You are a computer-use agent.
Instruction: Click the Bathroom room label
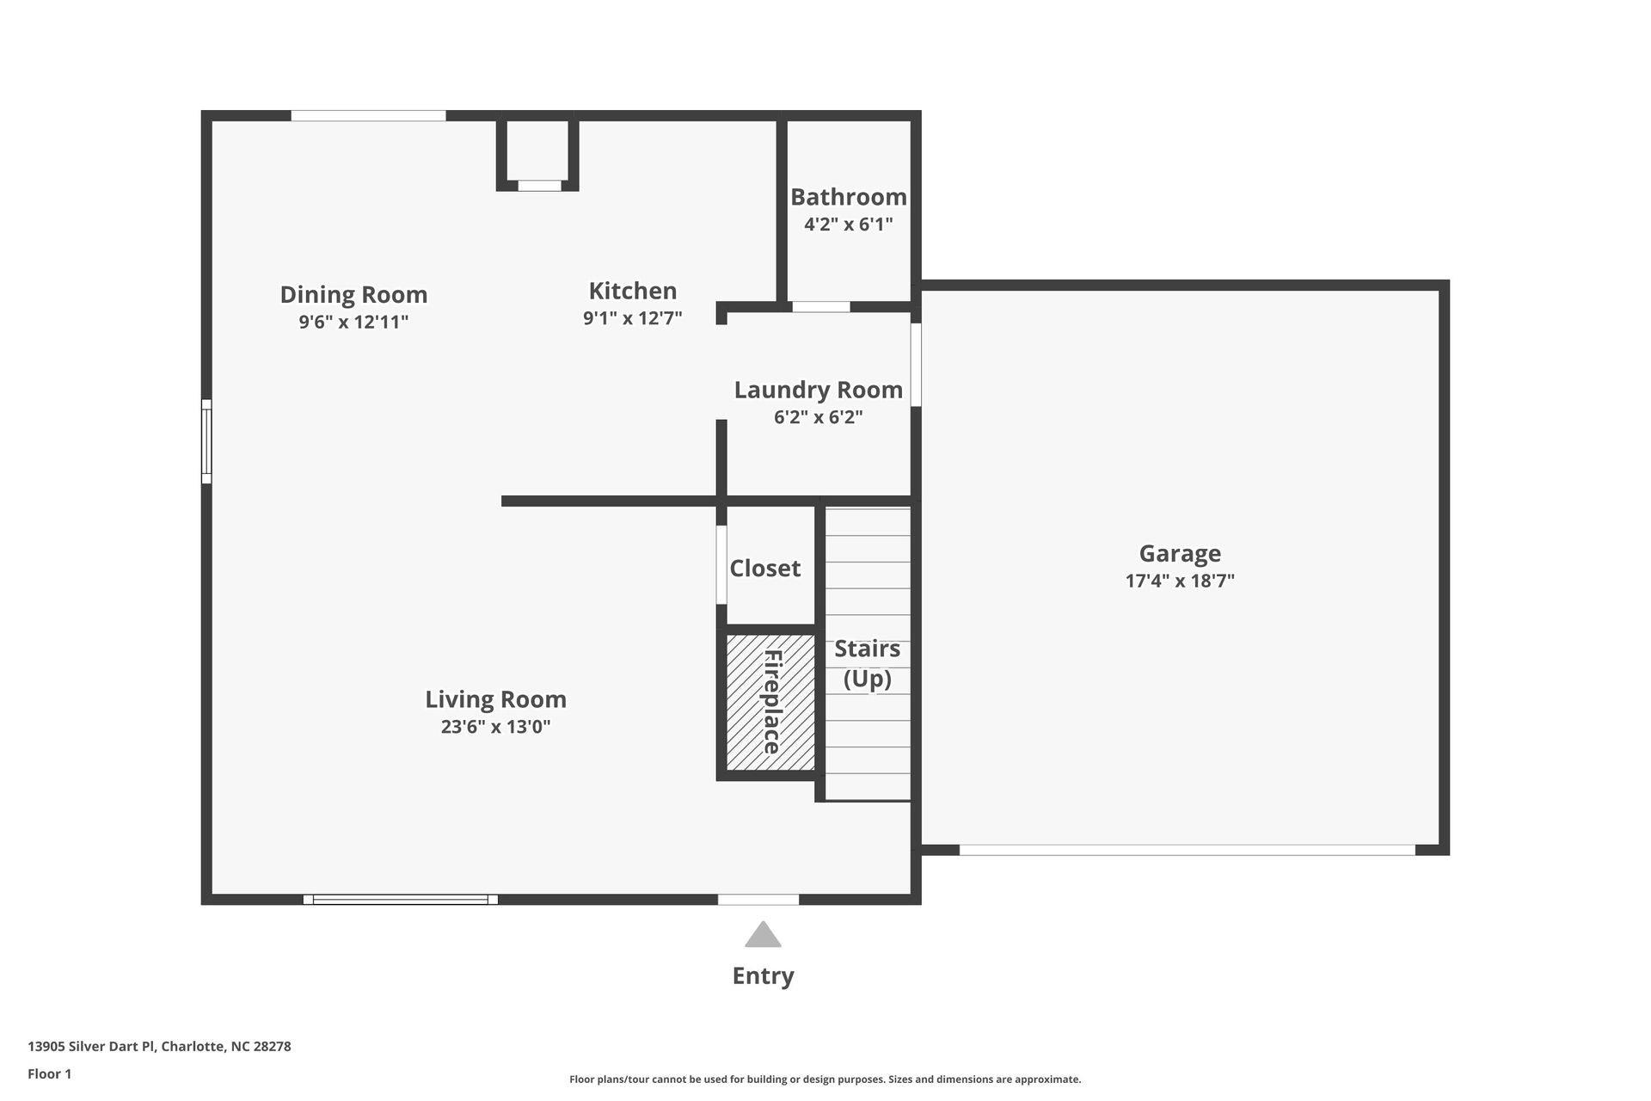click(848, 197)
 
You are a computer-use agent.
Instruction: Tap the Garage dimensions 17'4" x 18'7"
click(1179, 581)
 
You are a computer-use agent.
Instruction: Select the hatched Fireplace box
click(770, 702)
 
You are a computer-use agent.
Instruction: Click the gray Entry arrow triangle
click(763, 936)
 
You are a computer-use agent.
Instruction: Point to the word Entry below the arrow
click(763, 975)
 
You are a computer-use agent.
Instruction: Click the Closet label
click(764, 569)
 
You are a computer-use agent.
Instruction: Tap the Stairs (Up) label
click(867, 663)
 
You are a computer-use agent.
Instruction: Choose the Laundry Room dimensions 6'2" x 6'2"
click(818, 417)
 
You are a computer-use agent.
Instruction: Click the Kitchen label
click(632, 291)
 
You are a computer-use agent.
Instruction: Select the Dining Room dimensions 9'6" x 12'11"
click(353, 323)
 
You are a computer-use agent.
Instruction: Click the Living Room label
click(495, 699)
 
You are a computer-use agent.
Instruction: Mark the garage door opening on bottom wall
click(1187, 850)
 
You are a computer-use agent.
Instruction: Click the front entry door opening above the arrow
click(758, 900)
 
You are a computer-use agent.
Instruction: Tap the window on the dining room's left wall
click(206, 441)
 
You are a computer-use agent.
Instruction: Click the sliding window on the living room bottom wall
click(400, 900)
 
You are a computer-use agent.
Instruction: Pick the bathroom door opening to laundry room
click(820, 307)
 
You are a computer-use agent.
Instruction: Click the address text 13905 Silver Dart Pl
click(159, 1047)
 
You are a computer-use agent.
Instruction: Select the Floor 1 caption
click(49, 1073)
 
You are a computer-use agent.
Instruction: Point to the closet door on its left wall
click(721, 564)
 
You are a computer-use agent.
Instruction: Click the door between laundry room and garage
click(916, 365)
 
